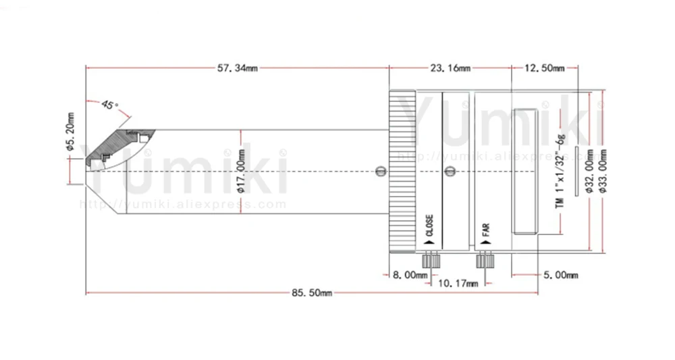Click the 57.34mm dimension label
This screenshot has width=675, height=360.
237,68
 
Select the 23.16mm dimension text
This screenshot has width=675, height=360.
450,68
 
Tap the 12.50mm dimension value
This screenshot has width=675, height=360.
544,68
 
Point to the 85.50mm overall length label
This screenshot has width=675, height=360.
312,293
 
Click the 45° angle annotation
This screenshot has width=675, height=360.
110,105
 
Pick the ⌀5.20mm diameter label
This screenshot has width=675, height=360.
71,132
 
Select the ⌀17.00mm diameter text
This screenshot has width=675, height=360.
241,171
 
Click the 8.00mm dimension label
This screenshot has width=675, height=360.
410,275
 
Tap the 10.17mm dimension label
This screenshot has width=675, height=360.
458,284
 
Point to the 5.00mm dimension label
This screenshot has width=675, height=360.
560,275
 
